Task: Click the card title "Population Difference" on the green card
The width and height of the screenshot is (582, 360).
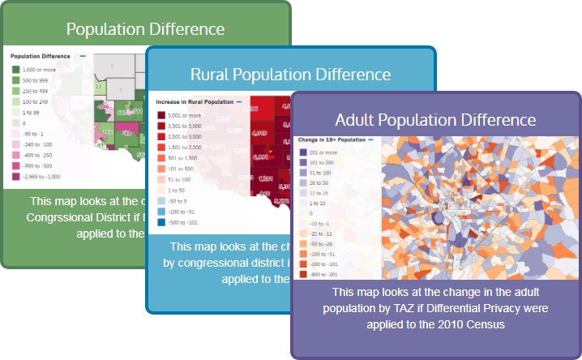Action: tap(145, 29)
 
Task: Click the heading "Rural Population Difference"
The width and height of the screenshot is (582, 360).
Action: tap(290, 75)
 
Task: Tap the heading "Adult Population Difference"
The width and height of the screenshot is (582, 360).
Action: tap(435, 120)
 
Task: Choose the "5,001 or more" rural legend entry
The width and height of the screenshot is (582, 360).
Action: tap(161, 115)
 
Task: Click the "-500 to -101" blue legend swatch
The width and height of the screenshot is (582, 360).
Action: tap(161, 221)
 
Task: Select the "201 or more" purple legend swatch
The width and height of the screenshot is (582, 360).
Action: tap(303, 152)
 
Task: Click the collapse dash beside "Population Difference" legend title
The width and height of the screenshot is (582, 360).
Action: tap(79, 57)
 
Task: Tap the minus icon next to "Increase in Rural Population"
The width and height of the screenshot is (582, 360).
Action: tap(239, 102)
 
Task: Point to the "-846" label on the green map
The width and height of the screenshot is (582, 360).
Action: tap(103, 106)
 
